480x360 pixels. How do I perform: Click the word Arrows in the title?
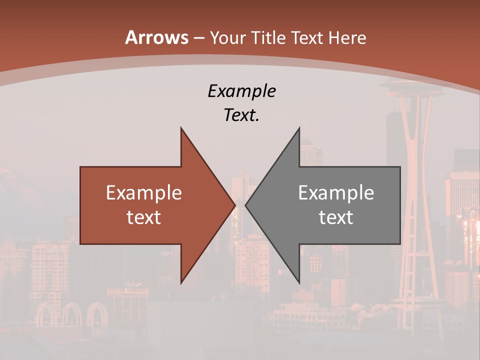pyautogui.click(x=156, y=37)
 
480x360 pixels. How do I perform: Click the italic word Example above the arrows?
pyautogui.click(x=241, y=91)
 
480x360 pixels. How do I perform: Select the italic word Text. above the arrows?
pyautogui.click(x=241, y=115)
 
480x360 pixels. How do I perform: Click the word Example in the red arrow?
pyautogui.click(x=144, y=192)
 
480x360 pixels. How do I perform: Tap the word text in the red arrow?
pyautogui.click(x=144, y=217)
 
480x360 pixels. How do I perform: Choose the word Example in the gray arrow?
pyautogui.click(x=336, y=192)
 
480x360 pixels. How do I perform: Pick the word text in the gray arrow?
pyautogui.click(x=336, y=217)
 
